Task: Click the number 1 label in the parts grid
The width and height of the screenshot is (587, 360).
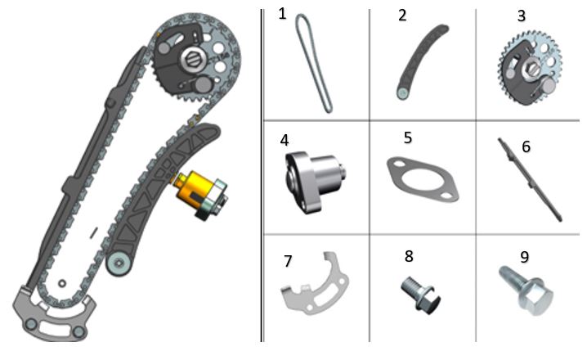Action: click(x=282, y=14)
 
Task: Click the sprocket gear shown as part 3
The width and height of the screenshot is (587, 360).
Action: click(x=530, y=69)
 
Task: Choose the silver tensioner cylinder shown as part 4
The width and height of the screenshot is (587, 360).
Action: click(x=316, y=182)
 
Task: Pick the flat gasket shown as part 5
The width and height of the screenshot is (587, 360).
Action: click(x=423, y=179)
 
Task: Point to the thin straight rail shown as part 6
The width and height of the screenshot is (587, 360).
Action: click(x=529, y=178)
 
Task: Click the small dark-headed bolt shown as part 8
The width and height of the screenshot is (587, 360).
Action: click(x=421, y=294)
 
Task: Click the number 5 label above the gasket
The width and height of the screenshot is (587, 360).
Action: click(x=408, y=137)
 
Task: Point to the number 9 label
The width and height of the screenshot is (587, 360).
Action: click(x=525, y=257)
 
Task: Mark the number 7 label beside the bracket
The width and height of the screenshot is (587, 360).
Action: click(x=288, y=262)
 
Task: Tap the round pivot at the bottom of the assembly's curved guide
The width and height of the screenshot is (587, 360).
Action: click(x=119, y=263)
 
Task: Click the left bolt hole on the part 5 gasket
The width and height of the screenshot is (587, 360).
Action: click(x=397, y=164)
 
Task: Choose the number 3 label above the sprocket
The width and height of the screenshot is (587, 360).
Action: click(x=521, y=16)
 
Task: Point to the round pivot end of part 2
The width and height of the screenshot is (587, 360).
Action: click(x=403, y=93)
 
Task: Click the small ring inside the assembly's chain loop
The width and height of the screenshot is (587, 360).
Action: click(x=62, y=283)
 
